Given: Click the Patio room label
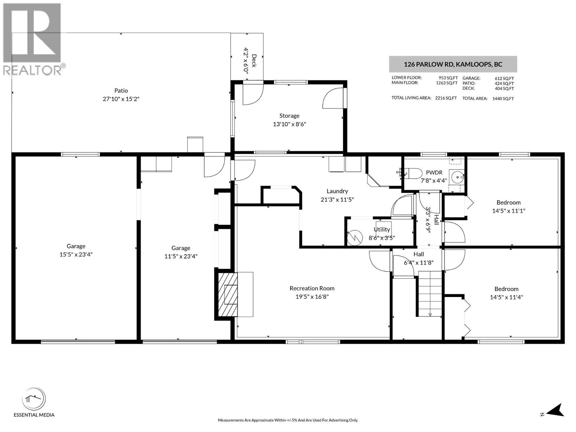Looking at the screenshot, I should tap(121, 91).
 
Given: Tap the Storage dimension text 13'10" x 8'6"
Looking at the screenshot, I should tap(289, 124).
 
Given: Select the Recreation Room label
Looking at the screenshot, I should tap(312, 288).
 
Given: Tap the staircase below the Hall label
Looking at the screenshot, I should tap(430, 293).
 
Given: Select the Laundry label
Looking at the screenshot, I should tap(337, 191).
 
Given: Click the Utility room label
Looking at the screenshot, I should tap(382, 229).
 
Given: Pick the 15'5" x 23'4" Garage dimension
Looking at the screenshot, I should tap(76, 255).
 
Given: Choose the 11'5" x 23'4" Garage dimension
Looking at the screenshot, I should tap(181, 256).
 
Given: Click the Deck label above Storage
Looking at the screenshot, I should tap(254, 60).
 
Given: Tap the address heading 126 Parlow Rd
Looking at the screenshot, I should tap(453, 64).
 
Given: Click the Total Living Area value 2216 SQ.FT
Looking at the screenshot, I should tap(446, 98).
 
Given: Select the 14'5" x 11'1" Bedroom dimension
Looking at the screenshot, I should tap(508, 211).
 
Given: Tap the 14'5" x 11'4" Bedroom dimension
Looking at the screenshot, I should tap(506, 297).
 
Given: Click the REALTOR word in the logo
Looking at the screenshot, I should tap(32, 70).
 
